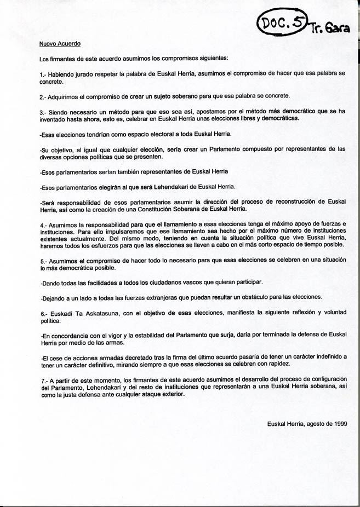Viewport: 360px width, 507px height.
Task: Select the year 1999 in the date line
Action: tap(337, 423)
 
